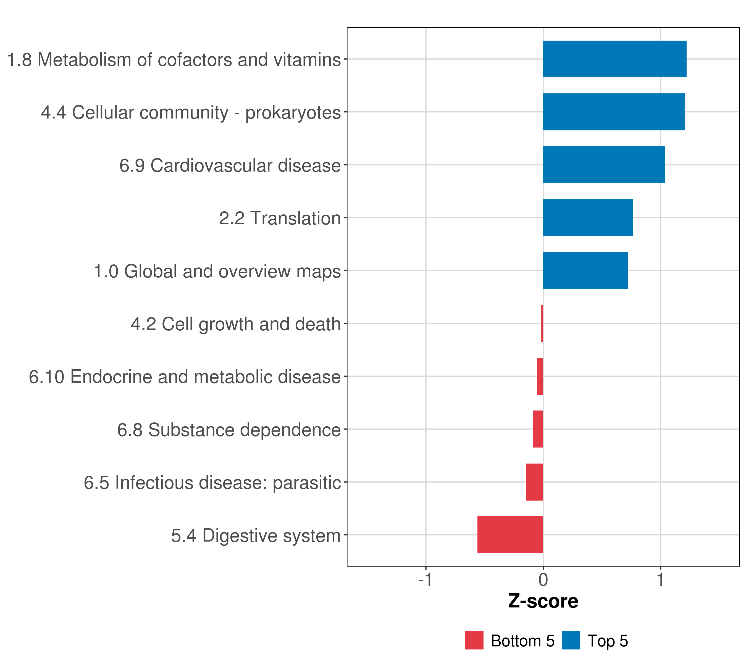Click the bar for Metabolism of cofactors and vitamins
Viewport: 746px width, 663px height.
point(614,59)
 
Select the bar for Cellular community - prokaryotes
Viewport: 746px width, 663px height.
point(614,112)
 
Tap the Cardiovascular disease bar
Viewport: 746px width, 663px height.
point(604,165)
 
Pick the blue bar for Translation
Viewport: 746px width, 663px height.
point(588,217)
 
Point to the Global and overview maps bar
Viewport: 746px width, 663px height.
point(585,270)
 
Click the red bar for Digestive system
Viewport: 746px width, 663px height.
point(510,535)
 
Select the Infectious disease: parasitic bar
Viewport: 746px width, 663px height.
point(534,482)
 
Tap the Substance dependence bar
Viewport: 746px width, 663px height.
point(538,429)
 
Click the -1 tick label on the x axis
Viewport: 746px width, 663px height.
point(425,580)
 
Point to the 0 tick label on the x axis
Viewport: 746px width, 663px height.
point(543,580)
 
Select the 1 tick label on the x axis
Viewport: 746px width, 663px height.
point(660,580)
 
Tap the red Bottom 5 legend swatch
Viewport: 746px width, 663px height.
point(474,640)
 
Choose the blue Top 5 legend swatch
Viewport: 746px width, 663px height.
point(571,640)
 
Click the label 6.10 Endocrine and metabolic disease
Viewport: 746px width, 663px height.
point(185,377)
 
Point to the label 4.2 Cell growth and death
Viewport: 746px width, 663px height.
point(236,324)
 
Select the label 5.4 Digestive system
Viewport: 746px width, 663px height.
point(256,536)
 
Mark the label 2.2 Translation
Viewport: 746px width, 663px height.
point(280,218)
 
